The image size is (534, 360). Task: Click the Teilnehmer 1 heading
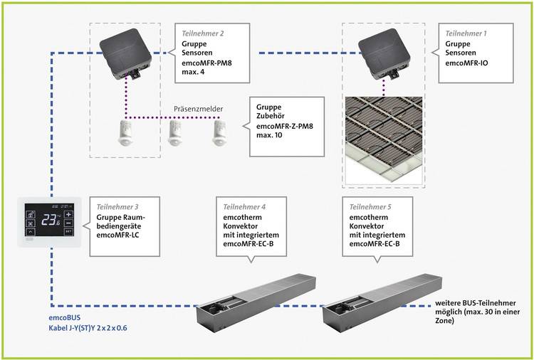[x=466, y=33]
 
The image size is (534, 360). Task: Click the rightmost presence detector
[x=219, y=134]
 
